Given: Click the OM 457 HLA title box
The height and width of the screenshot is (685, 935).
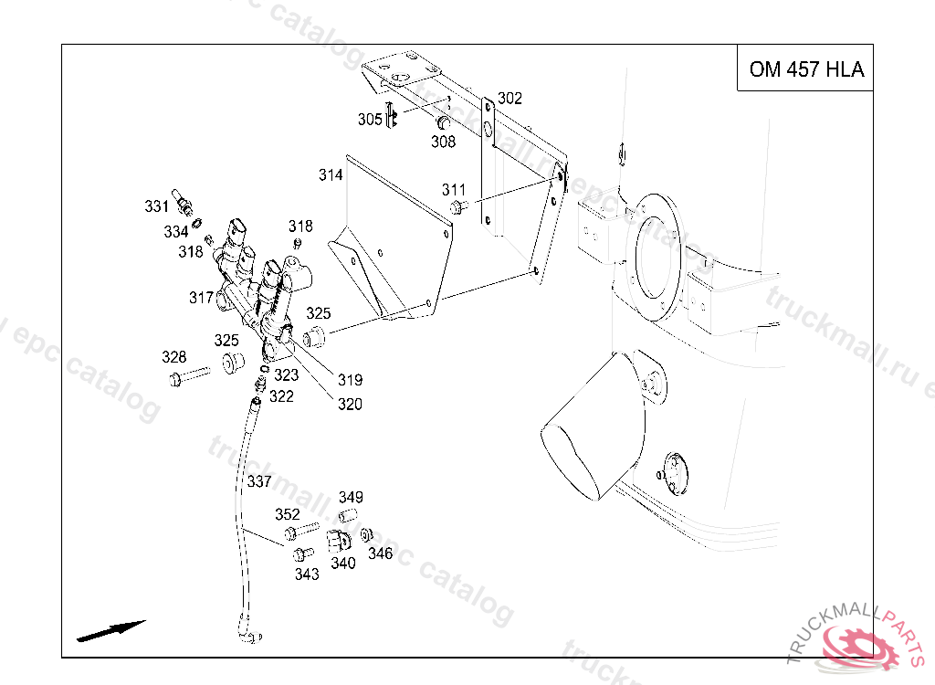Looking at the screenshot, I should point(805,69).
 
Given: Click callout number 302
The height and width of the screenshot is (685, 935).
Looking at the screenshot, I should point(510,99).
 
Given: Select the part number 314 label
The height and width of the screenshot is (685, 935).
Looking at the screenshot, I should point(331,174).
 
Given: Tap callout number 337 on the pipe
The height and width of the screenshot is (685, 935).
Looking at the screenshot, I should point(259,481).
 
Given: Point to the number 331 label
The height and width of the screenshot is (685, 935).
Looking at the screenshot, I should point(157,206).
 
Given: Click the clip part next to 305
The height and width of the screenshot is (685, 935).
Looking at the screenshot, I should point(391,117).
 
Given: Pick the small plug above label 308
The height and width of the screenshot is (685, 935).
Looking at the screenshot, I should point(444,122).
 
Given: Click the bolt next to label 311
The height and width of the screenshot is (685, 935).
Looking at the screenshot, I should point(460,205).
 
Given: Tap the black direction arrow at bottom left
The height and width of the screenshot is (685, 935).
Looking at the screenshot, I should point(111,630).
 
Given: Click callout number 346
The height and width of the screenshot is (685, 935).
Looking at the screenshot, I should point(380,553).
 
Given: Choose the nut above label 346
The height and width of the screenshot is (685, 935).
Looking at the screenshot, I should point(367,535).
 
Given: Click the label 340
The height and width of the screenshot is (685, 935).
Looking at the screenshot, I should point(343,564).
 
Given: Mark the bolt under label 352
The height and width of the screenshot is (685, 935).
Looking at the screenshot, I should point(299,530).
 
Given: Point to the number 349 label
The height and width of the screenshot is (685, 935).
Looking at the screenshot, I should point(351,498).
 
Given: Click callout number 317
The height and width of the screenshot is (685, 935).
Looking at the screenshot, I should point(201,298).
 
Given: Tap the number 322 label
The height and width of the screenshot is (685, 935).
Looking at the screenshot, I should point(281,396).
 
